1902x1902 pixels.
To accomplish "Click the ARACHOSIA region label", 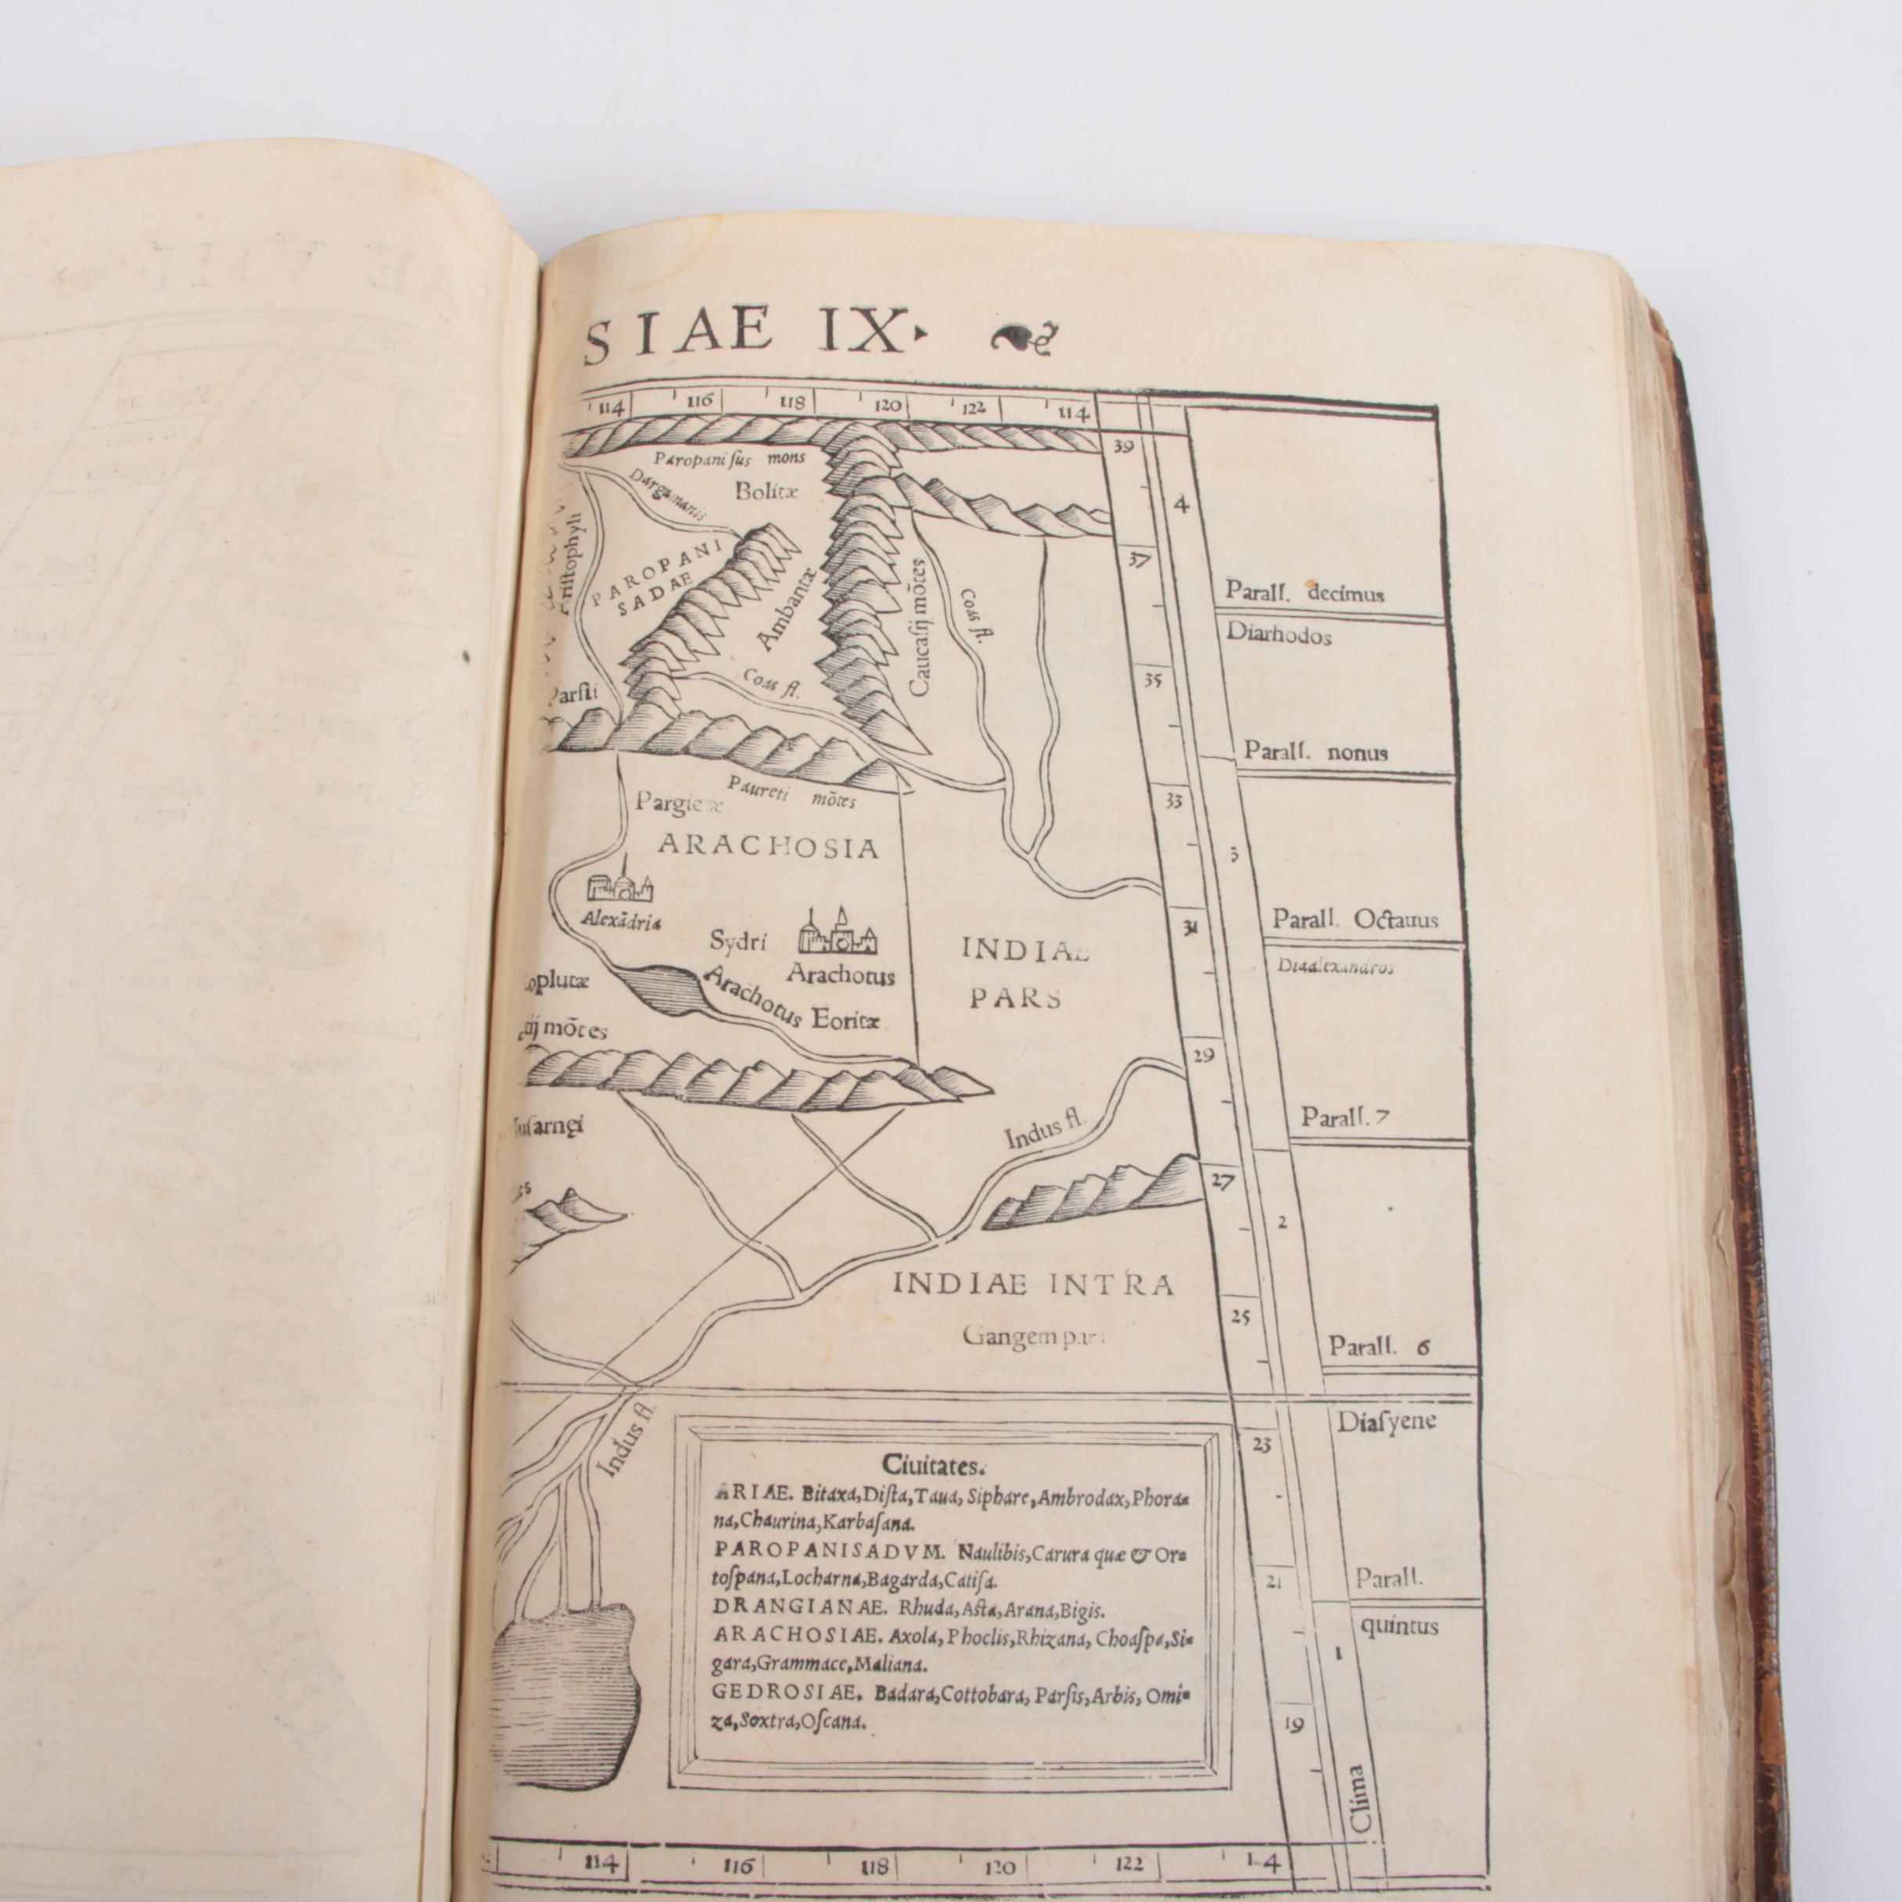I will click(x=767, y=847).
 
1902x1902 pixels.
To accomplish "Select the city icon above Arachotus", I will click(x=837, y=932).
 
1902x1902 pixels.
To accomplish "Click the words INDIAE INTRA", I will click(x=1032, y=1285).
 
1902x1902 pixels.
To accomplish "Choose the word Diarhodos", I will click(x=1279, y=635).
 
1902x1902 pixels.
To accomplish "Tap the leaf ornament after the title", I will click(x=1019, y=338).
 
